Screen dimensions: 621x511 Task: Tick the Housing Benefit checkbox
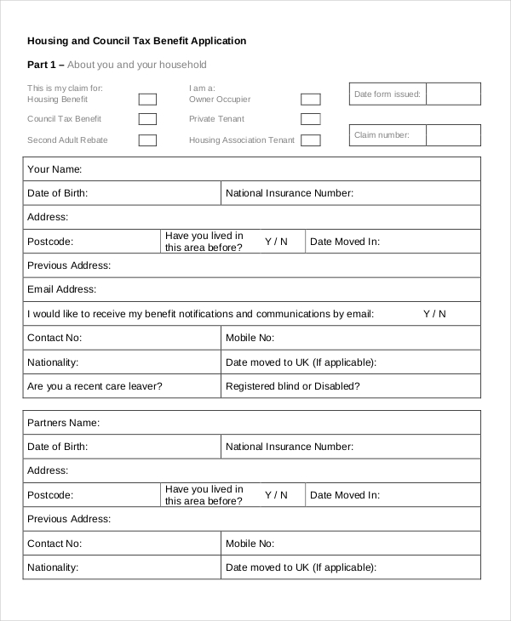(147, 100)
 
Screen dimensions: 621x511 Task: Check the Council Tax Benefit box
(147, 120)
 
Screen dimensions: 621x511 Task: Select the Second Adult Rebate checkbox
(147, 140)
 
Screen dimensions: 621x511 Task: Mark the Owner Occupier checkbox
(311, 100)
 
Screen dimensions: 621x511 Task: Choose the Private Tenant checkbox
(311, 120)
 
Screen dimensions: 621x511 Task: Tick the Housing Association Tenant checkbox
(311, 140)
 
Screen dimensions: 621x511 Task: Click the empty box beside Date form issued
(453, 94)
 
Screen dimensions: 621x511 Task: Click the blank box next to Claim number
(453, 134)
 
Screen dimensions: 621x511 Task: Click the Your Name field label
(55, 169)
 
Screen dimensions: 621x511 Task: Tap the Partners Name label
(64, 423)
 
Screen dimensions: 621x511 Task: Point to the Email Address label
(62, 289)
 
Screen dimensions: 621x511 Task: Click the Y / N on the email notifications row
(434, 314)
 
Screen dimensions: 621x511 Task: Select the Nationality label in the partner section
(53, 567)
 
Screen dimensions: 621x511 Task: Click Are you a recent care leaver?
(95, 386)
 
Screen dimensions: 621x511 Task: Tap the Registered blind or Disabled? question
(293, 386)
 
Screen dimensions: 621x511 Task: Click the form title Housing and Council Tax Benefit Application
(137, 41)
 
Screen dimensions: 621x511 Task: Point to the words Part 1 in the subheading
(41, 65)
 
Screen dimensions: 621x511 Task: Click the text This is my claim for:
(65, 88)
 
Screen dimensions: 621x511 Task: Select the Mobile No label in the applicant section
(250, 338)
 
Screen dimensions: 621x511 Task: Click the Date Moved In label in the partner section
(345, 495)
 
